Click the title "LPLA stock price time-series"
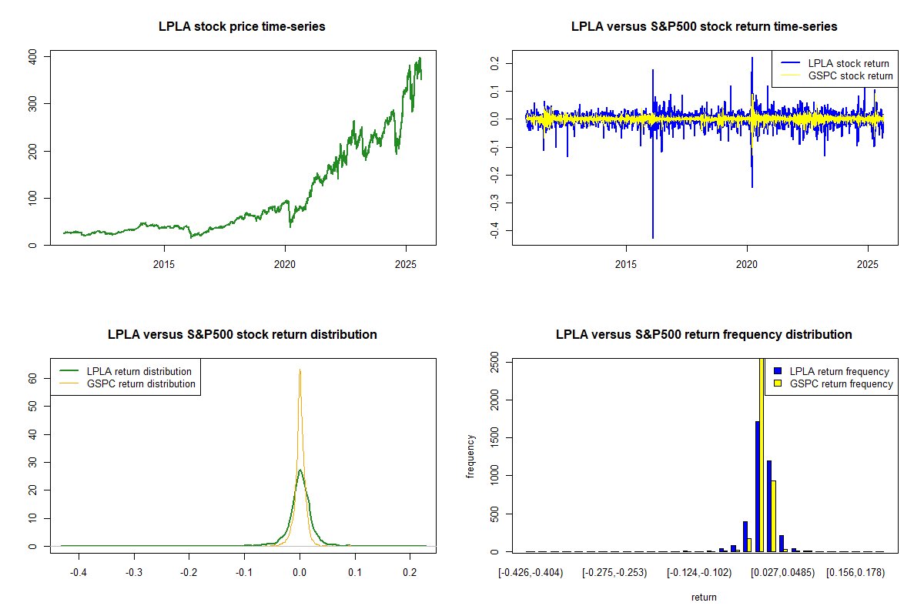242,27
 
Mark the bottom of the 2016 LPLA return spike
653,237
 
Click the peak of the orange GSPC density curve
300,370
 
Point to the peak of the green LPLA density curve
300,470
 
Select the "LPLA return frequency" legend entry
839,371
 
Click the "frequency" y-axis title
471,456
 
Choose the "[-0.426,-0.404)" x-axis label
534,573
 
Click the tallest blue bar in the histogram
758,486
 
